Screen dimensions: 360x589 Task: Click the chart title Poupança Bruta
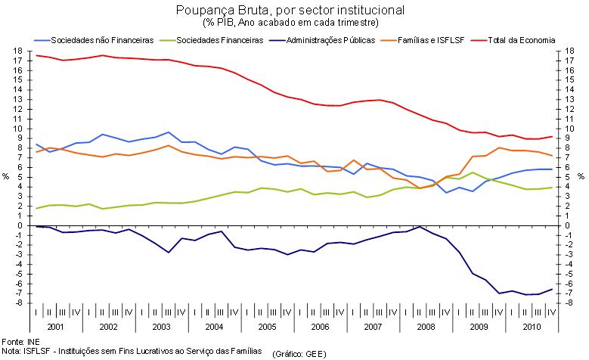point(290,11)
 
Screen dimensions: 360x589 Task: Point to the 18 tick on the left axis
point(17,51)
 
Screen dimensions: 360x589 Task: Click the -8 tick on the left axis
point(17,303)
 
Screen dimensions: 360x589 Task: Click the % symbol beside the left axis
point(5,177)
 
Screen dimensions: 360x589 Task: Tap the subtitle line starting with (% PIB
point(290,22)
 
